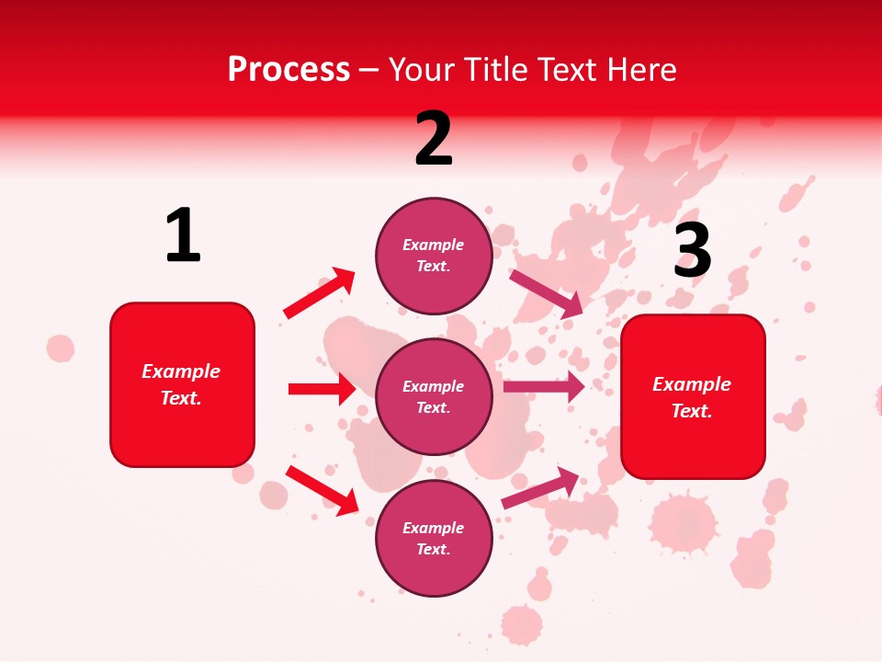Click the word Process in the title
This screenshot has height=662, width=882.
click(x=288, y=70)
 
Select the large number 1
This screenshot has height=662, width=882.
click(x=183, y=236)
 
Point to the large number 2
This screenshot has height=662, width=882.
click(x=434, y=139)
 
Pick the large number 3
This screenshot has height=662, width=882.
click(x=693, y=250)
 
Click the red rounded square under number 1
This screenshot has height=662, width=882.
click(x=182, y=384)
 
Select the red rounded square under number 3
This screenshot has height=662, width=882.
click(x=693, y=396)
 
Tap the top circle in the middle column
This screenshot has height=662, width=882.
click(x=434, y=256)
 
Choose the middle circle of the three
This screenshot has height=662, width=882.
click(x=434, y=396)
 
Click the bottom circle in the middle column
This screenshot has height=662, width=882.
click(x=434, y=538)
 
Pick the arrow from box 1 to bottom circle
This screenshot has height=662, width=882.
click(x=322, y=489)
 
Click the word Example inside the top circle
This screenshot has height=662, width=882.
click(x=434, y=245)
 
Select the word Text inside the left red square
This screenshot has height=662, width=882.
click(x=180, y=398)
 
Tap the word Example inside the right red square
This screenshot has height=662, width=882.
click(x=692, y=384)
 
